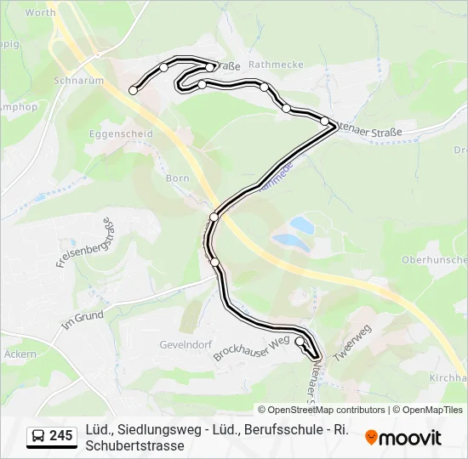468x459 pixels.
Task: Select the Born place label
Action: pos(177,178)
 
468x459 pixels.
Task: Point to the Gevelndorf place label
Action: pos(184,345)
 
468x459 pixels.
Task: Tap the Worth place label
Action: pos(41,13)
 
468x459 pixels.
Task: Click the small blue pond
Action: pos(299,225)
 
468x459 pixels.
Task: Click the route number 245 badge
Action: pos(60,436)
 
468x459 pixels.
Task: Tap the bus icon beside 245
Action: pos(39,437)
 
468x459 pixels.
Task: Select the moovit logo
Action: pos(403,437)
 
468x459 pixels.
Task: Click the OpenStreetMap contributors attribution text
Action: pos(322,410)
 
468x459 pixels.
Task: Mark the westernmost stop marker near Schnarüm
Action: pos(133,89)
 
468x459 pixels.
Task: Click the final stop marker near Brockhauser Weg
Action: pos(300,342)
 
